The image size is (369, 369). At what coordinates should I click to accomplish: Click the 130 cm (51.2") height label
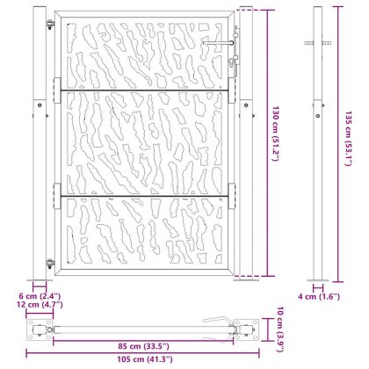tap(275, 134)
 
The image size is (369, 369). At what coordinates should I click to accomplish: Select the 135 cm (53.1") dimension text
tap(347, 139)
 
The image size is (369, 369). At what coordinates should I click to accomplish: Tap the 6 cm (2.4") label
tap(40, 296)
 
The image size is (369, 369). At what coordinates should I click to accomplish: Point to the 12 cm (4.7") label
tap(40, 304)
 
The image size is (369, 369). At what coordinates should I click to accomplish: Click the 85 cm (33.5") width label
tap(143, 346)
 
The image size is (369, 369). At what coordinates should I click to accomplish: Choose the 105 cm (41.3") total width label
tap(145, 359)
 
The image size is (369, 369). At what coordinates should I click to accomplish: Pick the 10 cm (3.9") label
tap(280, 329)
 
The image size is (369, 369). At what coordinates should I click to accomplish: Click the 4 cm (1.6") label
tap(319, 296)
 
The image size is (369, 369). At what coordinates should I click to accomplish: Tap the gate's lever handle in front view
tap(218, 43)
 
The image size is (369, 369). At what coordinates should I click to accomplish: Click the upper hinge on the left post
tap(51, 24)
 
